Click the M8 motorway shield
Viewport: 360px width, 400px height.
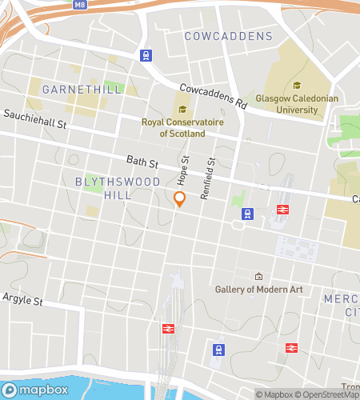point(78,5)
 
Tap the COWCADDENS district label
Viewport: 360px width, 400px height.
point(228,37)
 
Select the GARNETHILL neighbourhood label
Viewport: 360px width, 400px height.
point(82,89)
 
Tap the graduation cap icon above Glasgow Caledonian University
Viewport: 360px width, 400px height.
point(297,86)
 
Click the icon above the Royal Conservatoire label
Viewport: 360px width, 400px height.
point(182,110)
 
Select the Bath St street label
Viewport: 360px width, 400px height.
point(142,162)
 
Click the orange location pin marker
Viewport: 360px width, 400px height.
point(180,199)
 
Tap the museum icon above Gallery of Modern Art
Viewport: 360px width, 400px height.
point(258,275)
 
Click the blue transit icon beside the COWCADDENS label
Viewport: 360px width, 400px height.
point(146,54)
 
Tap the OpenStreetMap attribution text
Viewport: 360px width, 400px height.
point(330,394)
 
